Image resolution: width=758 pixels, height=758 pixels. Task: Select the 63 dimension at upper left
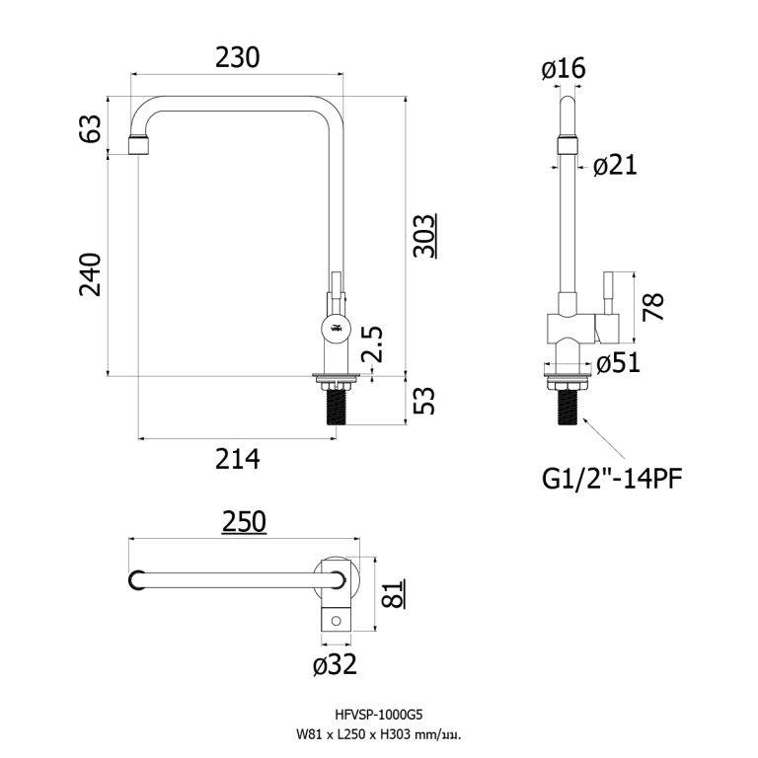[91, 129]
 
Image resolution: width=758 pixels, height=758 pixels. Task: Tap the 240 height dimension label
[91, 274]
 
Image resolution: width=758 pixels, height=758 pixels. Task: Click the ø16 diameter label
[564, 68]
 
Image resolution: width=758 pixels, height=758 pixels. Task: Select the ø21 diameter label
[615, 166]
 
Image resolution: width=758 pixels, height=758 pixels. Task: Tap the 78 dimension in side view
[652, 307]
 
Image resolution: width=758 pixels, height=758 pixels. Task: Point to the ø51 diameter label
[619, 363]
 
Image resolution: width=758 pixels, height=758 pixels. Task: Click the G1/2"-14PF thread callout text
[612, 479]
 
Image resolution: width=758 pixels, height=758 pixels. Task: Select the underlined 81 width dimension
[392, 595]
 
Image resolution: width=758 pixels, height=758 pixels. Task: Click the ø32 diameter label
[335, 665]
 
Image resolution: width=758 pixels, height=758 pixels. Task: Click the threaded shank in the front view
[338, 404]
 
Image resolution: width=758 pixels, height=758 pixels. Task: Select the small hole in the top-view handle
[337, 621]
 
